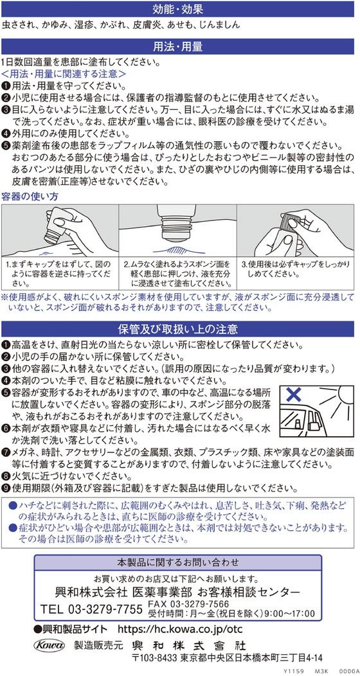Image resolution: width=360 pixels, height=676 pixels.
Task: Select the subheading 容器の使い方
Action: [30, 196]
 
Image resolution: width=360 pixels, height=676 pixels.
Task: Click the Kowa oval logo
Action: [48, 645]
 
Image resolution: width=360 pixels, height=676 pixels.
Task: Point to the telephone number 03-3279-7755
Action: [105, 609]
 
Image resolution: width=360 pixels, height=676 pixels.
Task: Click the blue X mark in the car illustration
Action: [294, 394]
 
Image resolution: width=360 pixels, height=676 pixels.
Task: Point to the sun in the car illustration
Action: [341, 397]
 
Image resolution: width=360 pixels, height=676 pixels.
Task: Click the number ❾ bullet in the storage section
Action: [5, 489]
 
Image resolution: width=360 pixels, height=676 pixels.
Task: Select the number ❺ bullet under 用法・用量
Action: [5, 143]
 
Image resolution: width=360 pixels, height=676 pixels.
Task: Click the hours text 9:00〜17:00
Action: [291, 614]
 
